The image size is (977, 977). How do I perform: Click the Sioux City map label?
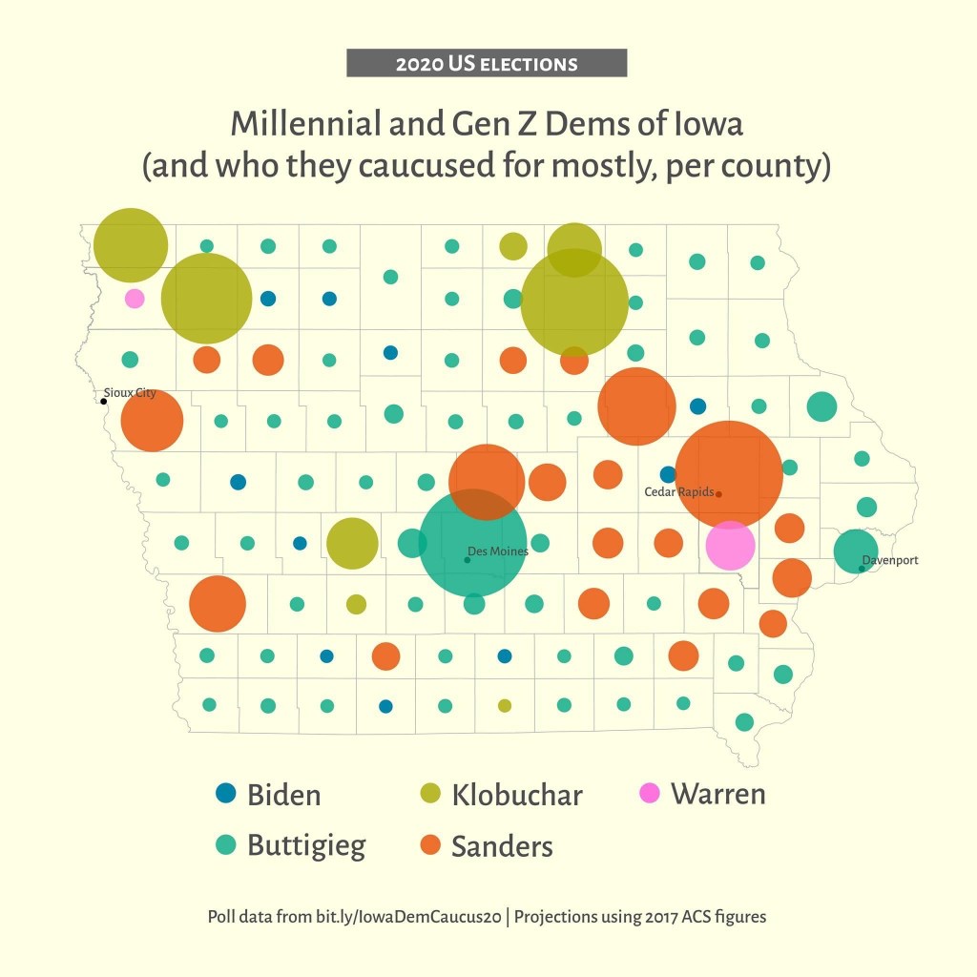click(x=130, y=392)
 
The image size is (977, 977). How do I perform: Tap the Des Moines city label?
click(x=497, y=551)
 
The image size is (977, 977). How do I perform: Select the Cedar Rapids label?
click(x=678, y=492)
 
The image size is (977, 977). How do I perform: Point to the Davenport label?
click(x=889, y=560)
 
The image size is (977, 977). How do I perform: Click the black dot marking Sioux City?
click(x=103, y=401)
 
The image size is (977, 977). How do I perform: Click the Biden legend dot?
click(x=226, y=793)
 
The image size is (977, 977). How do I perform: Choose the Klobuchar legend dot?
click(x=430, y=793)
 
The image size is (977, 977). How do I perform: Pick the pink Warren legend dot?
click(x=650, y=793)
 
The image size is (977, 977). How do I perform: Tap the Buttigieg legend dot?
click(x=226, y=844)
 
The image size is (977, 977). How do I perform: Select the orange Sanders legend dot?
click(x=430, y=844)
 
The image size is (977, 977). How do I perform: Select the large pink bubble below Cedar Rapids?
click(x=730, y=545)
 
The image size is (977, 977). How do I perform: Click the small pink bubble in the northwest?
click(x=135, y=298)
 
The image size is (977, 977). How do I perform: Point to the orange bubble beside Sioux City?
click(x=152, y=421)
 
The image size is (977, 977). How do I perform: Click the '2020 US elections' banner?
click(x=487, y=64)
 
